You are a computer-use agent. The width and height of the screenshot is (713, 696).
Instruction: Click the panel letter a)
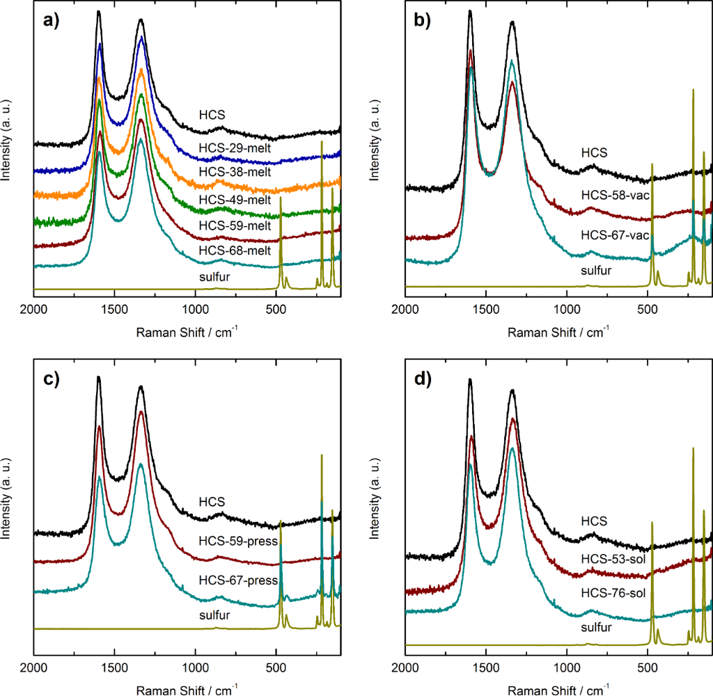52,20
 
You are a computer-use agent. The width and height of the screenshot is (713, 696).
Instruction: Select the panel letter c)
52,380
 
